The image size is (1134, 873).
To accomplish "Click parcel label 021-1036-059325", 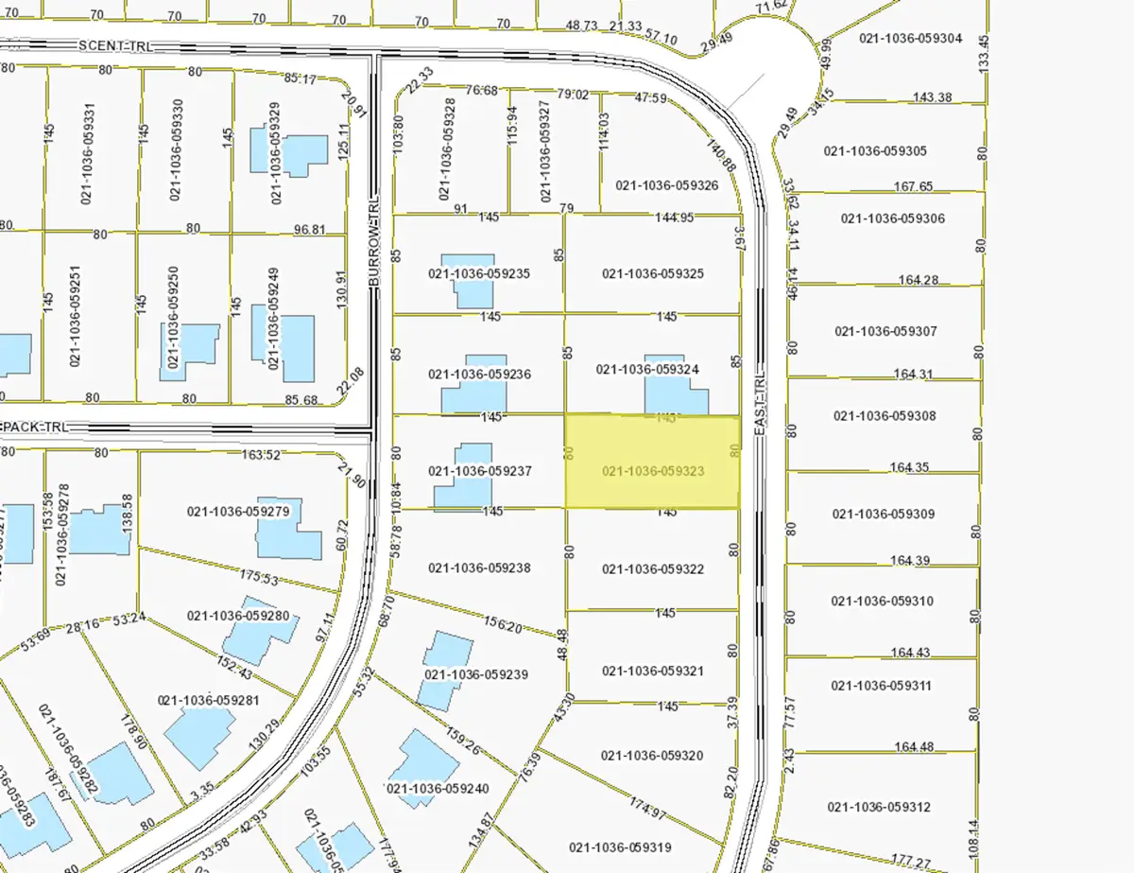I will pos(652,274).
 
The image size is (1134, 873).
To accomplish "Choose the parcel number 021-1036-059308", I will pos(885,416).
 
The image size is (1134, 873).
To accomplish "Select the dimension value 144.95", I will pos(675,217).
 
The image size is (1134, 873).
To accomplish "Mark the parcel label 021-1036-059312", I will pos(879,807).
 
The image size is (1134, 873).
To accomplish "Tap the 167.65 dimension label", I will pos(913,187).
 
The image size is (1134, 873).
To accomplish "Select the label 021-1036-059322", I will pos(652,569).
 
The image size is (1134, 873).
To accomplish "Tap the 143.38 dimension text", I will pos(932,97).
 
